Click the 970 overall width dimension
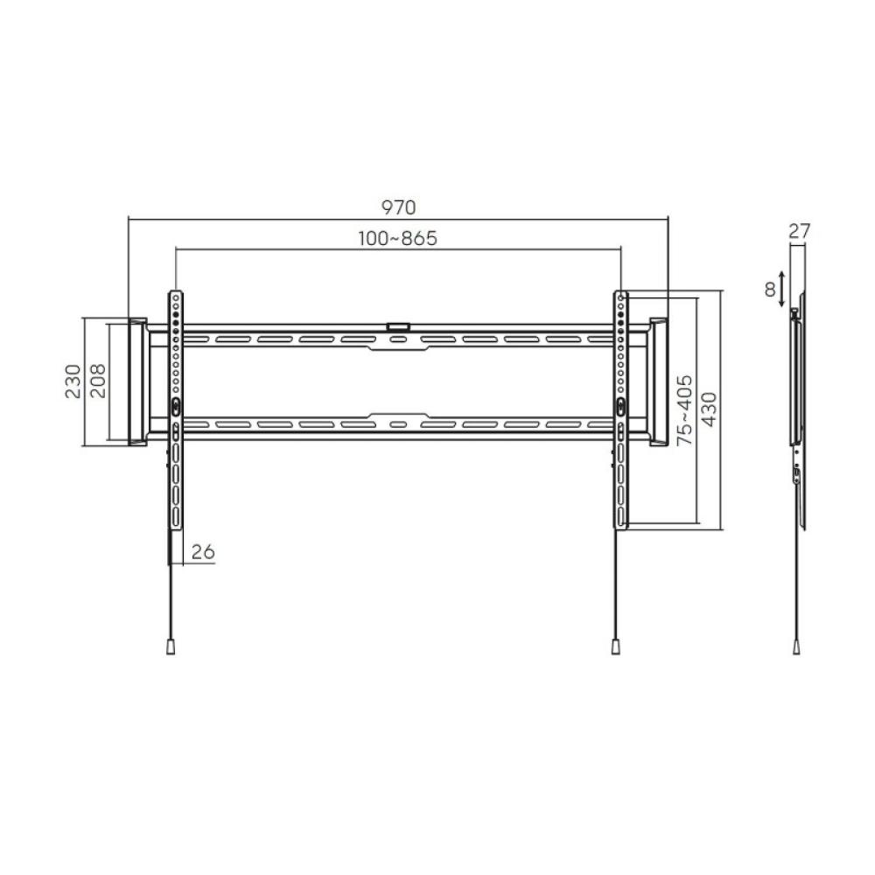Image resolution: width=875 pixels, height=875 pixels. [x=398, y=207]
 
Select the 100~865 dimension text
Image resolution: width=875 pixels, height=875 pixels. [x=397, y=238]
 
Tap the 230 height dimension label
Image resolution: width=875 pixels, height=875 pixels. [x=73, y=381]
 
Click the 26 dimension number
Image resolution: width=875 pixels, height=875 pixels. [x=203, y=552]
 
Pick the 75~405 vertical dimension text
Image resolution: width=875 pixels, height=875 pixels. [x=684, y=411]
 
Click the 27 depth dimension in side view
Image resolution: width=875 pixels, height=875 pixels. [x=799, y=232]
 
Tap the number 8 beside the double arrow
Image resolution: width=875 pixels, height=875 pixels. [x=770, y=290]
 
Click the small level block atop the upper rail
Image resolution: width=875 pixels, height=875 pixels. [x=398, y=326]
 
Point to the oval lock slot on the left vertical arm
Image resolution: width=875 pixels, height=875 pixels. [x=175, y=406]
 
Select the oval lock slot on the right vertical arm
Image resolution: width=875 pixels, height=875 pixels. [x=620, y=406]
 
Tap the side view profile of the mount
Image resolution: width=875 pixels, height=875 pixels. [x=797, y=411]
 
